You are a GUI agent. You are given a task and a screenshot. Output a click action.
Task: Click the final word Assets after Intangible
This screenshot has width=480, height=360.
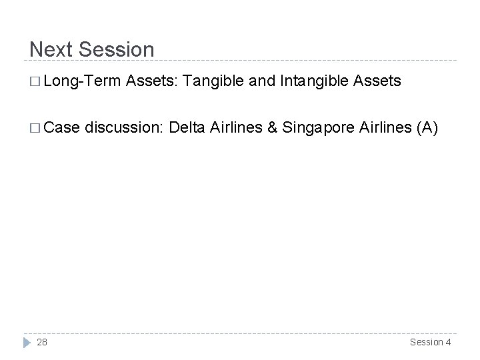(379, 81)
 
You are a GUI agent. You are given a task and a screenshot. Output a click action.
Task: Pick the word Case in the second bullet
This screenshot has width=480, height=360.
(65, 128)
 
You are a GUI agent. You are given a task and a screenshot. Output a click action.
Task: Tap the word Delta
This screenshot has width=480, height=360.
(189, 128)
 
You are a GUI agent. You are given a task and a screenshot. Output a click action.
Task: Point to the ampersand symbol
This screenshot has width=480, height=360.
(273, 128)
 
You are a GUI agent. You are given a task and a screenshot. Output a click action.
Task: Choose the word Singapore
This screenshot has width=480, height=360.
(316, 128)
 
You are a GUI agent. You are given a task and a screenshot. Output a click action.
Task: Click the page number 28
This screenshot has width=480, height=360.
(42, 342)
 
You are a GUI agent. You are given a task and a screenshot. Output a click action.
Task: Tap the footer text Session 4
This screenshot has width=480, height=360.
(430, 342)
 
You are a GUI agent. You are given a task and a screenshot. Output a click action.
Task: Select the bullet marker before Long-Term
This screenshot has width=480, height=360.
(35, 82)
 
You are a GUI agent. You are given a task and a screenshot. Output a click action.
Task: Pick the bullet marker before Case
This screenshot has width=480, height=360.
(35, 129)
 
